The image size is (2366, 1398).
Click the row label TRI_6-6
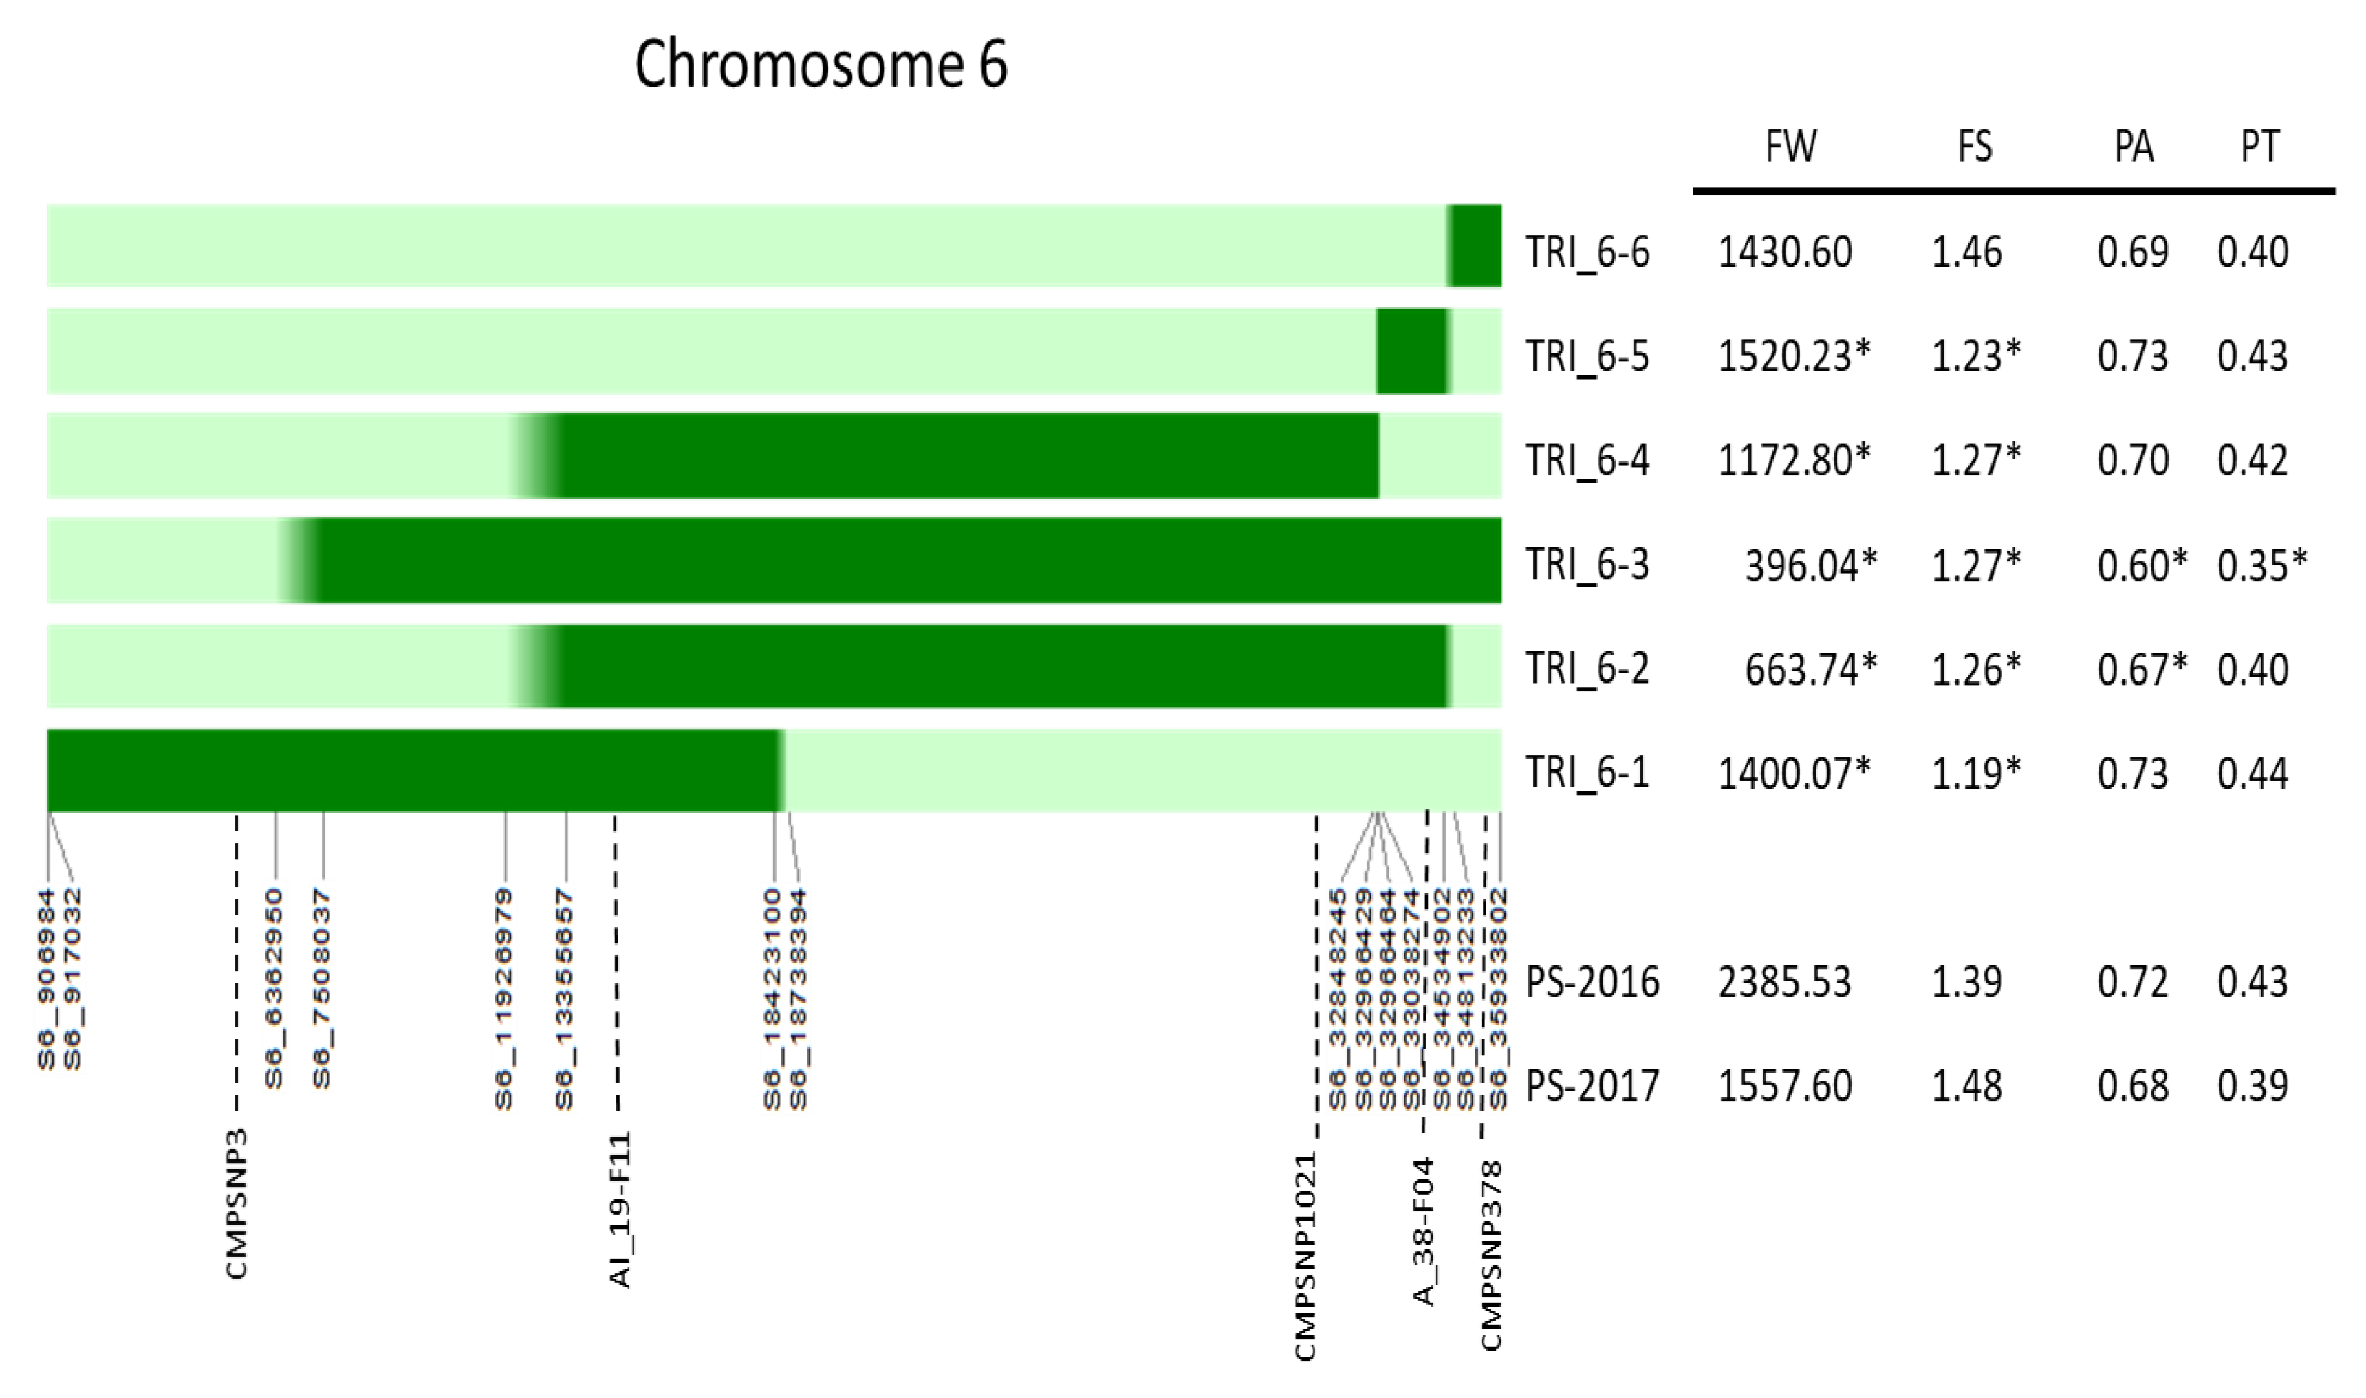1587,252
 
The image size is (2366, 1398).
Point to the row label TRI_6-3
1587,565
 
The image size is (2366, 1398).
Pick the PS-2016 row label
1592,981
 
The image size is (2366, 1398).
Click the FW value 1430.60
1785,252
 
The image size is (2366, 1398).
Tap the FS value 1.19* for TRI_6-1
1976,774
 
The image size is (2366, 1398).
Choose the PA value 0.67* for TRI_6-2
2142,669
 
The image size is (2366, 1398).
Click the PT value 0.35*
2262,565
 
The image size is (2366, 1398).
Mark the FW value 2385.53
1785,981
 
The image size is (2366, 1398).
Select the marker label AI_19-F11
620,1210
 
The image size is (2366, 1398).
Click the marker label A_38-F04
1424,1232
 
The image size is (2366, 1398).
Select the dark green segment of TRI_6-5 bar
1411,351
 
